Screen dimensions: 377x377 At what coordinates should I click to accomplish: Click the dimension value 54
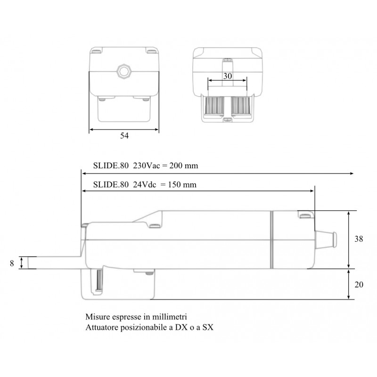[x=124, y=136]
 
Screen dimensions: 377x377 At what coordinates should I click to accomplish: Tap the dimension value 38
[x=359, y=239]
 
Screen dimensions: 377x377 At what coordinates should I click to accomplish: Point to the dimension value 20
[x=359, y=284]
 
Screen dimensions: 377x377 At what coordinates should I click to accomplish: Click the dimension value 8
[x=12, y=262]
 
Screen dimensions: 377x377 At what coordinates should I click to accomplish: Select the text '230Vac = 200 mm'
[x=163, y=166]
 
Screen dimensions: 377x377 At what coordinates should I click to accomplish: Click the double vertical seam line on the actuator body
[x=272, y=239]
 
